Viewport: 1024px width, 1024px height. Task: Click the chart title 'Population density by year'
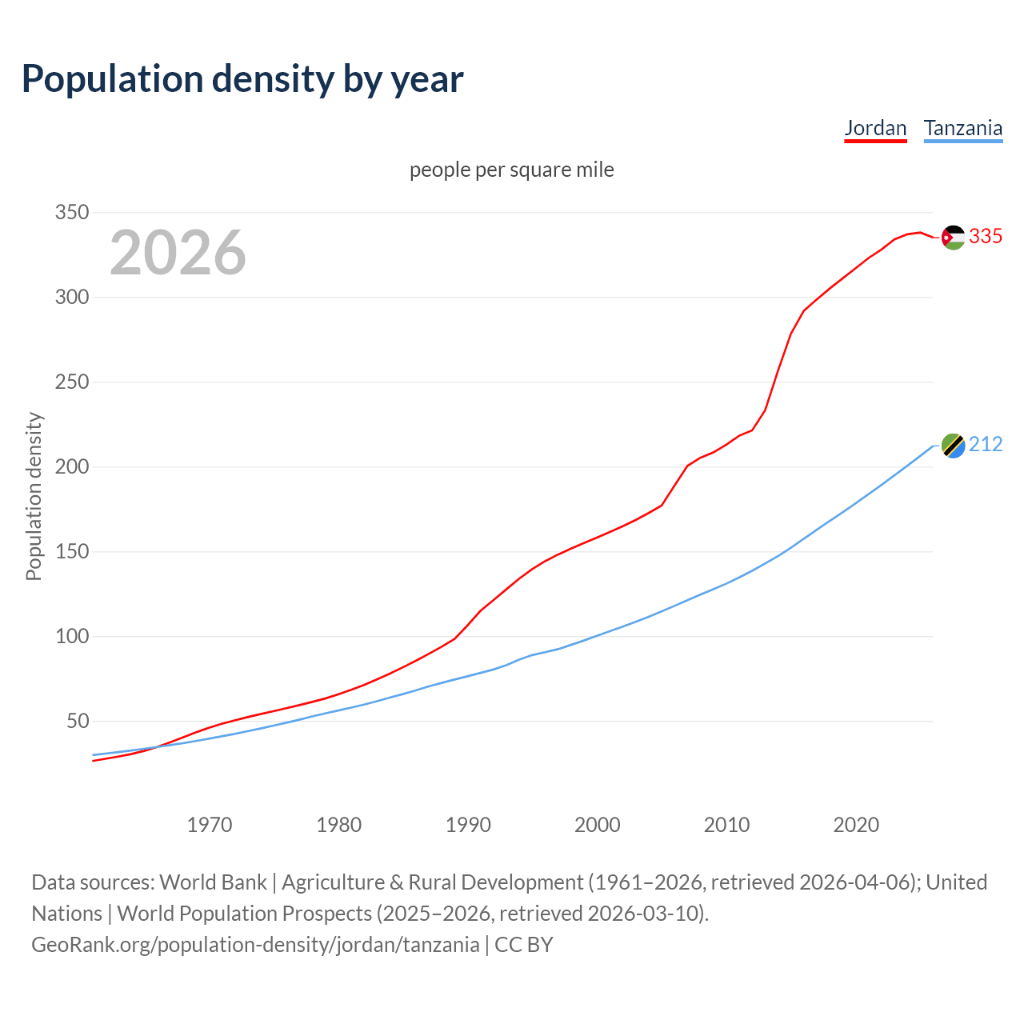(x=242, y=79)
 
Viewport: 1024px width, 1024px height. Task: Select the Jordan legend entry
(x=875, y=128)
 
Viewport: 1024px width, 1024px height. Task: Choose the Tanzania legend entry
(x=962, y=128)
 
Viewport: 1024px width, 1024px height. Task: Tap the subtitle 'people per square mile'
(x=511, y=170)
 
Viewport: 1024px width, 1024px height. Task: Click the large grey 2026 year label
(x=178, y=253)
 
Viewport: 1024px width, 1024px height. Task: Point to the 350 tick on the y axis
(x=71, y=213)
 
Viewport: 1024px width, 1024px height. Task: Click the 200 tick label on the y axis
(x=71, y=467)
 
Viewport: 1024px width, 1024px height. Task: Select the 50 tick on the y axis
(x=78, y=722)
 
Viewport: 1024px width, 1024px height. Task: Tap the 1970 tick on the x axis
(x=210, y=825)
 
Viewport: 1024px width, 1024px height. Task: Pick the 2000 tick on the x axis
(x=598, y=825)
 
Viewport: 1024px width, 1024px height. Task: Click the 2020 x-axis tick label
(x=856, y=825)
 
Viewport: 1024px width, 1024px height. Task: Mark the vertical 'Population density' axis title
(x=34, y=496)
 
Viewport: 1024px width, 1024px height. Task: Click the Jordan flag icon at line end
(x=953, y=237)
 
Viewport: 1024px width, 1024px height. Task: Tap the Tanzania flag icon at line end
(x=953, y=446)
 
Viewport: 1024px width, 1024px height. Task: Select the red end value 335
(x=986, y=237)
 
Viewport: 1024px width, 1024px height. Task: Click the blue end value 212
(x=986, y=445)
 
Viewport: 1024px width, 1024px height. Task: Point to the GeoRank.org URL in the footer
(x=255, y=945)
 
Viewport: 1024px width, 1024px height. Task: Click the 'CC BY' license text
(x=524, y=945)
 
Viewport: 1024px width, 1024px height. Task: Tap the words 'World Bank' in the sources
(x=213, y=882)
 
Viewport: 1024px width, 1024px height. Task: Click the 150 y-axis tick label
(x=71, y=552)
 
